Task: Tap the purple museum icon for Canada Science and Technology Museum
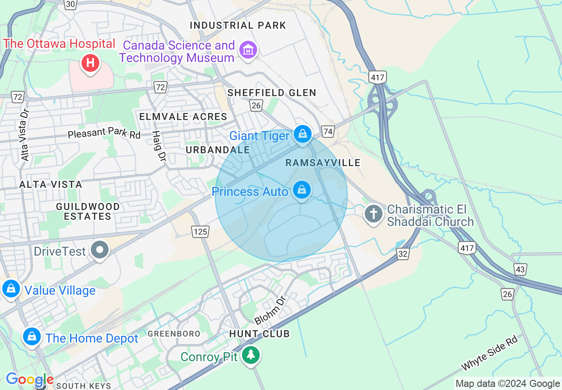tap(248, 50)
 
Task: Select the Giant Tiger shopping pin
tap(303, 133)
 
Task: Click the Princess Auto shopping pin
tap(302, 190)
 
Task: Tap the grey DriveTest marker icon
tap(100, 250)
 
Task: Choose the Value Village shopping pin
tap(11, 289)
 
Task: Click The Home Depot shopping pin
tap(32, 337)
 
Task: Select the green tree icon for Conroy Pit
tap(251, 355)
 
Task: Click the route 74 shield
tap(328, 131)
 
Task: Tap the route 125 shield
tap(200, 231)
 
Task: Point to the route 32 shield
tap(403, 253)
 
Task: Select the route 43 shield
tap(520, 269)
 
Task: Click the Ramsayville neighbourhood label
tap(323, 163)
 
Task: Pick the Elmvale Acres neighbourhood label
tap(183, 117)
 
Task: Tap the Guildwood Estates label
tap(88, 211)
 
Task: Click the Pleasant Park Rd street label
tap(104, 133)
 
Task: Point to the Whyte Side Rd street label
tap(489, 354)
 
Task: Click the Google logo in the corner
tap(29, 380)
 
